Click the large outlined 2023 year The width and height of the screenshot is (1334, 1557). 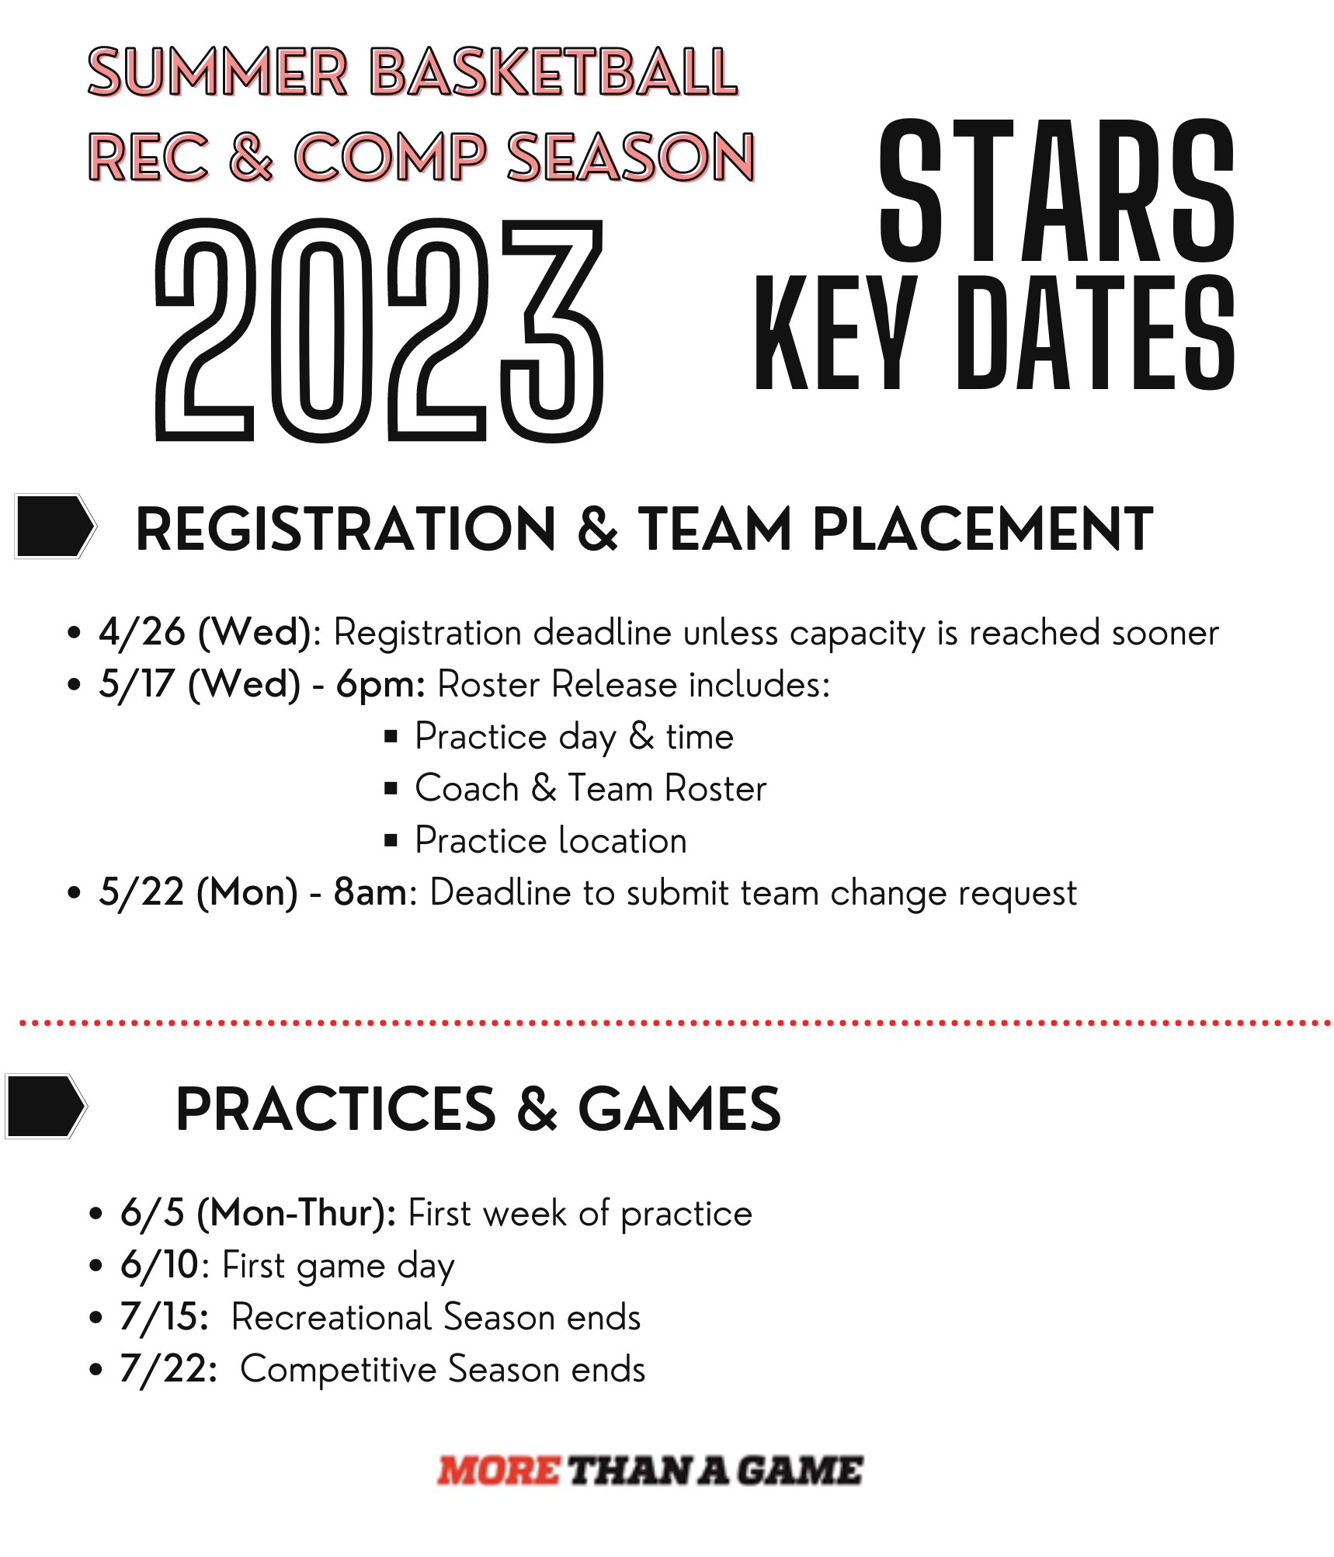[379, 330]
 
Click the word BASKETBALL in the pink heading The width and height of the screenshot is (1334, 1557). [554, 72]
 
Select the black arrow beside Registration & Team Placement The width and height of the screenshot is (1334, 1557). [55, 526]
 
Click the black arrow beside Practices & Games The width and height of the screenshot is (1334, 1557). [46, 1106]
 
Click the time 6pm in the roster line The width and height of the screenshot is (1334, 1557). [378, 684]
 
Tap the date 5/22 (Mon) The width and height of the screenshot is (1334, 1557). [197, 891]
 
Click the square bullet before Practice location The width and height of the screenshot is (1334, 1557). [391, 840]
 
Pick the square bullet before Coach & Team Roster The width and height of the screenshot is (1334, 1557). [391, 789]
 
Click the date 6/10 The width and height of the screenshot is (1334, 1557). [160, 1265]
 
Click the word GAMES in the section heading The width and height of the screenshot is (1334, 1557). [679, 1109]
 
